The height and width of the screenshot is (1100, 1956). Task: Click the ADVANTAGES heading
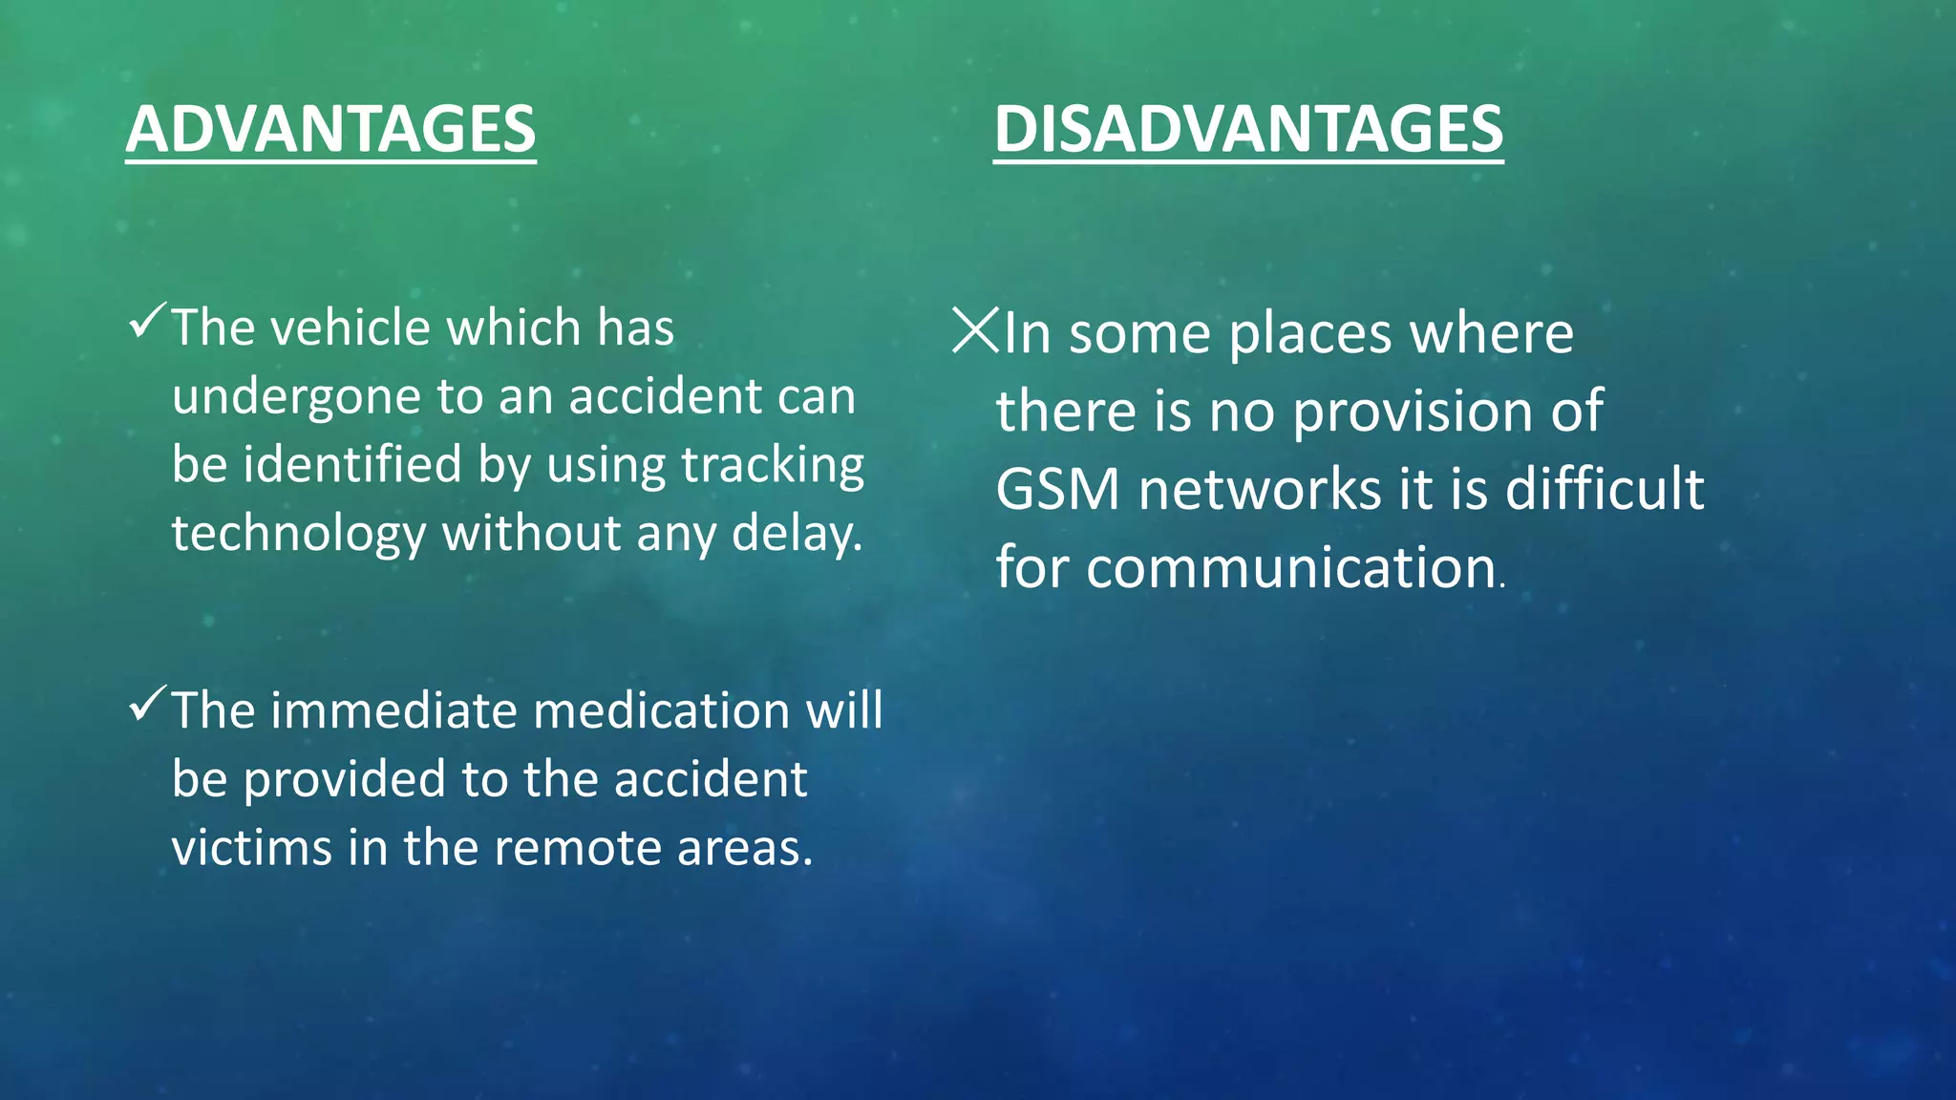330,129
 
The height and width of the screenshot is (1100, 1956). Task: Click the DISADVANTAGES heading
1248,129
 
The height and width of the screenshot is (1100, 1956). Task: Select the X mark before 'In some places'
975,330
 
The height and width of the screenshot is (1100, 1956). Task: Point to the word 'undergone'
296,397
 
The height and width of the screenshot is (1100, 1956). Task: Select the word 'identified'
352,464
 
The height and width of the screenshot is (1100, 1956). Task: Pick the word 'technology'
298,534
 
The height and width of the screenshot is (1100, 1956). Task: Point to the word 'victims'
252,848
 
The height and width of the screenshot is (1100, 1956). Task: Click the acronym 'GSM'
1057,490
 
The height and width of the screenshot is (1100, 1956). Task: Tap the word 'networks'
1260,490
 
